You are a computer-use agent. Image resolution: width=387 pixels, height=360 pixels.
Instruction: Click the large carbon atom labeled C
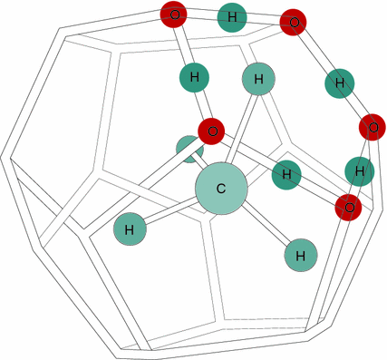click(x=221, y=189)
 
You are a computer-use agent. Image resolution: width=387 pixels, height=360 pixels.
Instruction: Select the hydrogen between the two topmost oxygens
click(x=233, y=16)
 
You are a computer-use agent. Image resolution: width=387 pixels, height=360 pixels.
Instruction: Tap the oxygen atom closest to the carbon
click(x=211, y=131)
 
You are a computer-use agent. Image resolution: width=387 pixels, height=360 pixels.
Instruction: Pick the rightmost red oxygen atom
click(x=371, y=125)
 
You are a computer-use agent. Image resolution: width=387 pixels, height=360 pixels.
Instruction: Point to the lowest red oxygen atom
click(x=348, y=208)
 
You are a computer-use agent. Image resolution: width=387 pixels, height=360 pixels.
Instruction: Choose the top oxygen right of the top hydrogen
click(x=292, y=20)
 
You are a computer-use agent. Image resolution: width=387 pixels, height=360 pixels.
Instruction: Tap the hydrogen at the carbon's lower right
click(x=300, y=255)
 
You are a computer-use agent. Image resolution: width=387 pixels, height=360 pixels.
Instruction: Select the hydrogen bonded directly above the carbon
click(x=258, y=81)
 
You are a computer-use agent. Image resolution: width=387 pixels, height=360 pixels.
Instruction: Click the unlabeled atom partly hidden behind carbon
click(x=189, y=149)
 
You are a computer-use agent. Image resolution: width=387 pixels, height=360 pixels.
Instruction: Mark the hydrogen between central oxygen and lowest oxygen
click(x=286, y=174)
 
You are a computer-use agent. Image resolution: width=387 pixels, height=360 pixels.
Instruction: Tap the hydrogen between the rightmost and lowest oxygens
click(x=360, y=170)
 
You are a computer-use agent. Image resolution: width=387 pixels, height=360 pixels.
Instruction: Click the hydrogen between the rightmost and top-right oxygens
click(x=339, y=83)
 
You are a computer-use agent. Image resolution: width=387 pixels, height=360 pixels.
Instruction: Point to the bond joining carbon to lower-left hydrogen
click(x=172, y=210)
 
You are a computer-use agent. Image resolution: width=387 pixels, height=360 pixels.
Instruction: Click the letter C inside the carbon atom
click(x=221, y=189)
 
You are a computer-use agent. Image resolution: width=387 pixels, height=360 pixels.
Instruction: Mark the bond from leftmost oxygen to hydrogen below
click(x=183, y=44)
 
